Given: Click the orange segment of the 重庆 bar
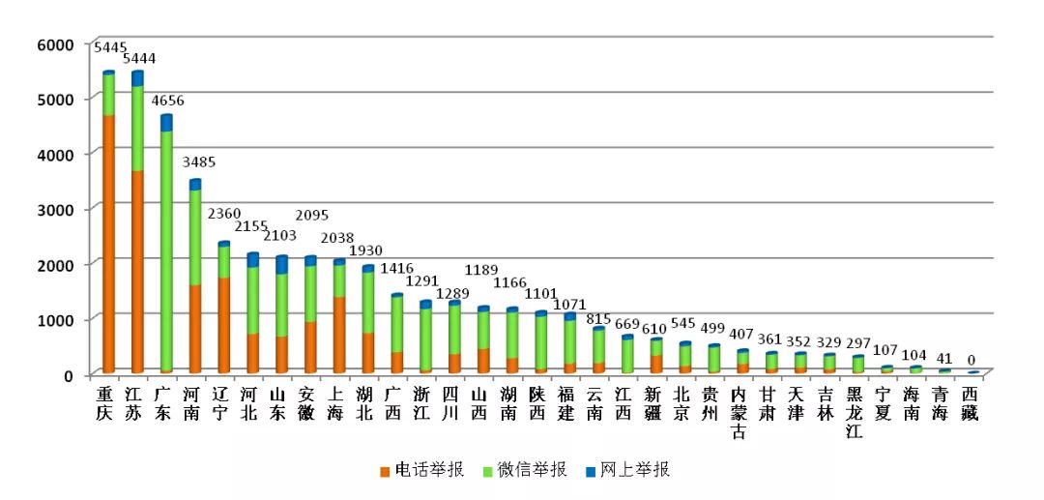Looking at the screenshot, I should (x=108, y=242).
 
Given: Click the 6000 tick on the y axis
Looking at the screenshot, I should (x=56, y=44).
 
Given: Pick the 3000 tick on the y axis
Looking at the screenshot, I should (x=56, y=209).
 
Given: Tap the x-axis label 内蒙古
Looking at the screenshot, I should (x=740, y=412).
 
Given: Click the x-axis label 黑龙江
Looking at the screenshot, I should (x=855, y=412).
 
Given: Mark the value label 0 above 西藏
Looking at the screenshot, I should (x=971, y=359).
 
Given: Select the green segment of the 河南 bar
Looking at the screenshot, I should (x=195, y=237).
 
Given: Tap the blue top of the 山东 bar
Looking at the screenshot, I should (x=281, y=264).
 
